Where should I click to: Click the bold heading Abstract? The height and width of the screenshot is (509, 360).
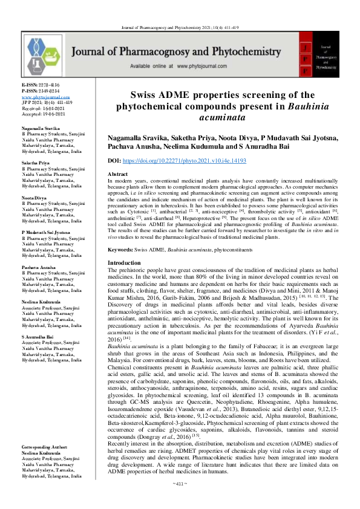(117, 174)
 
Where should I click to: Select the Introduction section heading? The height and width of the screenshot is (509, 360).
(124, 263)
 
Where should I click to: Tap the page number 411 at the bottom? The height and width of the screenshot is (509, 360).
(179, 501)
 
